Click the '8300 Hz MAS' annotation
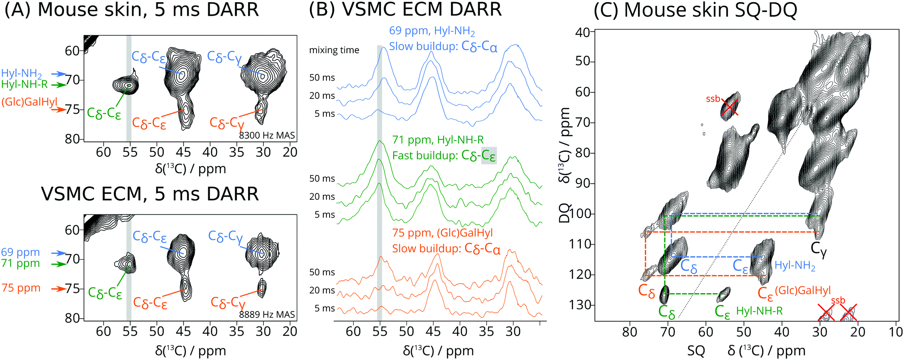(267, 135)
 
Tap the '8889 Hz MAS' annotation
(267, 314)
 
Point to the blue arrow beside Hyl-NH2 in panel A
(58, 74)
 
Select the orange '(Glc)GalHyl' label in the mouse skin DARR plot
(29, 102)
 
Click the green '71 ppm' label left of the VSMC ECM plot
(20, 263)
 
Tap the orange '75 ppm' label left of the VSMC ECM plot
(21, 288)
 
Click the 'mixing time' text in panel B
(334, 50)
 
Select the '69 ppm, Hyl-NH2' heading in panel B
(432, 31)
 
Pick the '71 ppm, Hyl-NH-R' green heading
(438, 140)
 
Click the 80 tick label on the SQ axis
(630, 332)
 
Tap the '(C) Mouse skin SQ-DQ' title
(695, 10)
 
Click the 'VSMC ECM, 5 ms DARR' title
(150, 194)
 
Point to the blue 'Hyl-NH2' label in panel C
(795, 266)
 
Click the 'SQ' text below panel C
(696, 351)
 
